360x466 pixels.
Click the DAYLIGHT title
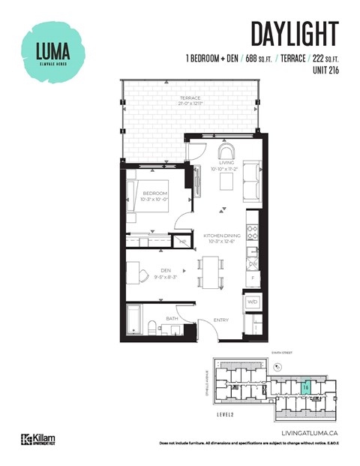294,34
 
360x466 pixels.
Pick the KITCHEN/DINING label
220,238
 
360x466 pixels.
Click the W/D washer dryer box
253,302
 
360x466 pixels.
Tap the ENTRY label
220,320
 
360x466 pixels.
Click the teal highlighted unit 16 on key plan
305,386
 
